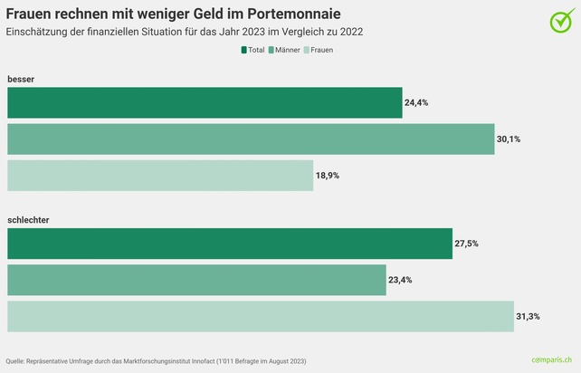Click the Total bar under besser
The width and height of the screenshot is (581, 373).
205,103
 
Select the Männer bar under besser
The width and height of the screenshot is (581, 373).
251,139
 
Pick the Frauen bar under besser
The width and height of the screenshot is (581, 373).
160,176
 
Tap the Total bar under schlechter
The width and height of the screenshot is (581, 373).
230,244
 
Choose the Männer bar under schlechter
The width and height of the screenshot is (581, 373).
196,281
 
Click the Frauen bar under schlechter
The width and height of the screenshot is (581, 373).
261,317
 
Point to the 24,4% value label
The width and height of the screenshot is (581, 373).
416,103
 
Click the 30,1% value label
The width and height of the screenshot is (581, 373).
509,139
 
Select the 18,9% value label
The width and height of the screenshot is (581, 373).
328,176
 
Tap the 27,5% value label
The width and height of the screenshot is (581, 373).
466,244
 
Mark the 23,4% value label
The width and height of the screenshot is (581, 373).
400,281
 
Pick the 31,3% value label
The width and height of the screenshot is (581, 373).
528,317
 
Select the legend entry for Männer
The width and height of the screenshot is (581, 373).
284,50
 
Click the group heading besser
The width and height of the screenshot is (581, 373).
21,80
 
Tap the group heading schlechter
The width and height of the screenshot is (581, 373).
28,221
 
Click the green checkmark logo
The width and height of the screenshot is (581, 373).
561,20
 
